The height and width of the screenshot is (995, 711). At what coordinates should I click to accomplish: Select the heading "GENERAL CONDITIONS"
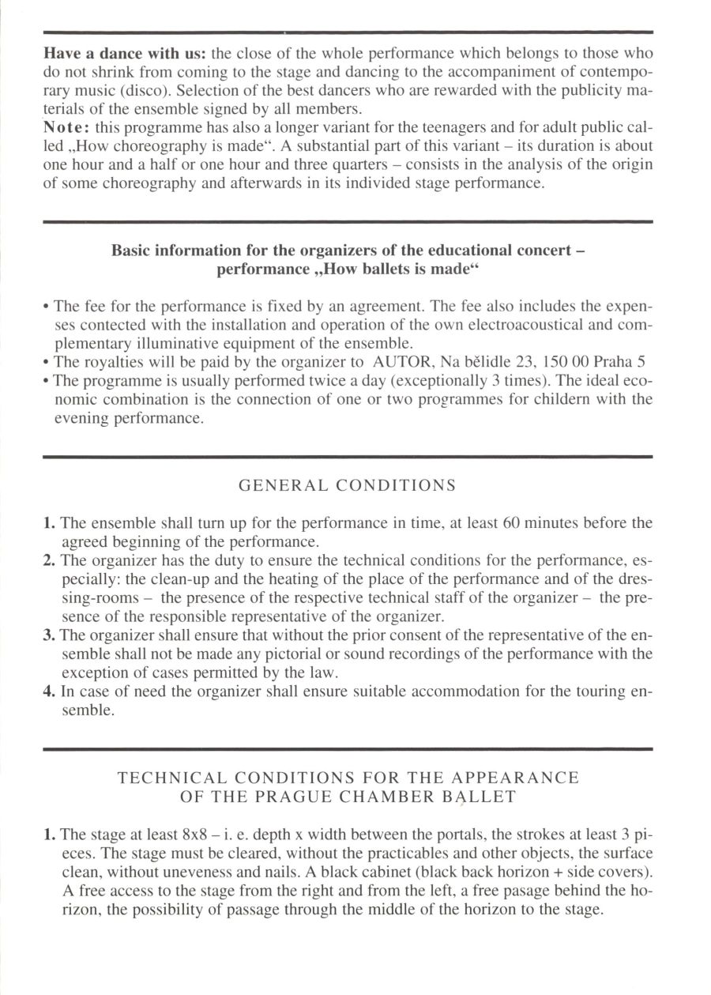(347, 485)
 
